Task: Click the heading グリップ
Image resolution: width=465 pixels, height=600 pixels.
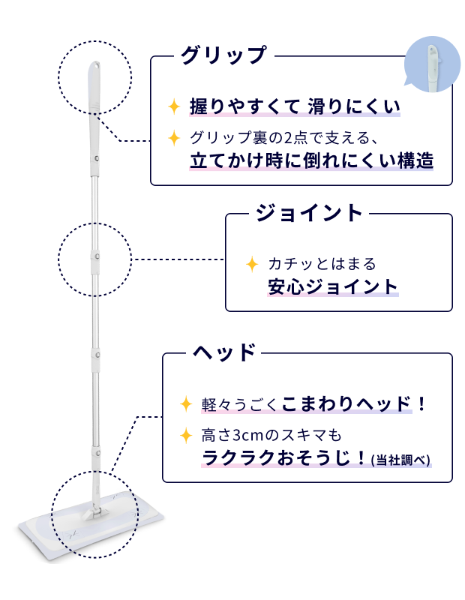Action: [x=223, y=55]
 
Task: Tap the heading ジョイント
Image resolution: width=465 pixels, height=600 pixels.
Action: [x=309, y=212]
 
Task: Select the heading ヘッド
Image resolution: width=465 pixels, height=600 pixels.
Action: [x=225, y=352]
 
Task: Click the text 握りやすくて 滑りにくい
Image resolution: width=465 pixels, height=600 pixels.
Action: [x=295, y=106]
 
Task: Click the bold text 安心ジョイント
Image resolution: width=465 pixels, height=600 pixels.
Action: [x=333, y=286]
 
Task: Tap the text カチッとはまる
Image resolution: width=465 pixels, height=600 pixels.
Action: [x=321, y=264]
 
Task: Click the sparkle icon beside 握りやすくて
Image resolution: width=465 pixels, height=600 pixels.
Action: [x=174, y=106]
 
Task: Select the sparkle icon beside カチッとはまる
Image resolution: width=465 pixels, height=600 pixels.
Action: [x=253, y=264]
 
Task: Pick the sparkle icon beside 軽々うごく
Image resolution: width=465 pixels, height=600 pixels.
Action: [x=186, y=404]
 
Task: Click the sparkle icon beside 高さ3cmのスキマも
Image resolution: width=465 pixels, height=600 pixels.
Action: [x=186, y=435]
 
